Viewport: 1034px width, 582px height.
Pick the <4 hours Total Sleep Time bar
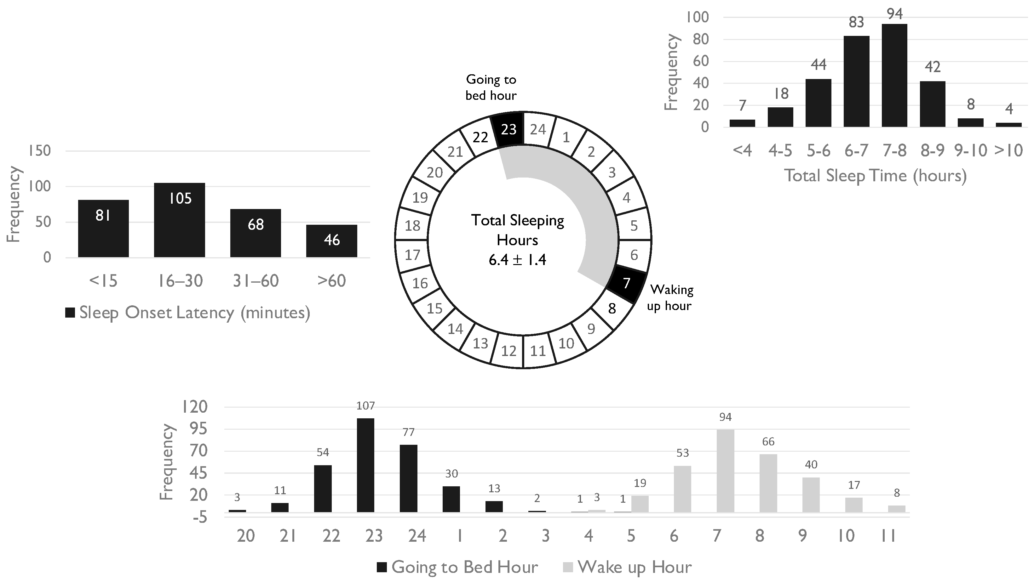742,123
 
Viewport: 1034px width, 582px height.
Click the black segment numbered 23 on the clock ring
508,129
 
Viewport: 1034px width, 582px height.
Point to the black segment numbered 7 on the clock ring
627,283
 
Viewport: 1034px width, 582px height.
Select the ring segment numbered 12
508,351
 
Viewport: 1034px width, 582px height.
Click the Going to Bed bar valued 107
365,465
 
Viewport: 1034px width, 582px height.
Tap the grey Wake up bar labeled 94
725,471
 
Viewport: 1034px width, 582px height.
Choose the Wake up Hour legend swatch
569,567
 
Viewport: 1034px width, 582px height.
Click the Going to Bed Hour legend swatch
382,567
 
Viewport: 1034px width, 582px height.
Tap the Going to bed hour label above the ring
491,88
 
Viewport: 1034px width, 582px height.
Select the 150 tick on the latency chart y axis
39,151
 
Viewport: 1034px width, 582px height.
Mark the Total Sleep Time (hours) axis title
876,176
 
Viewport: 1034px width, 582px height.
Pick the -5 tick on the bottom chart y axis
199,518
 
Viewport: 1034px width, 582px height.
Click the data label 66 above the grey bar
768,442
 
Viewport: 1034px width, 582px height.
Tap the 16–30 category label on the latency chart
180,281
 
